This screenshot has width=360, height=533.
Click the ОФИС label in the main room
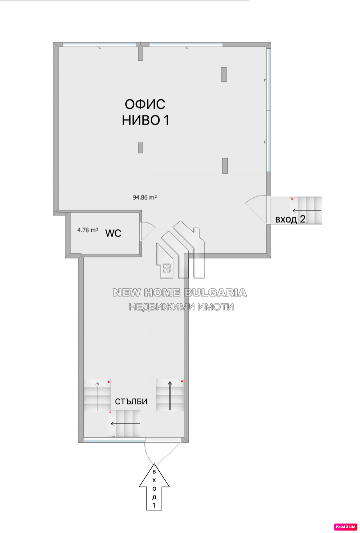[x=145, y=104]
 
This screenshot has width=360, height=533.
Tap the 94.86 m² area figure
[x=145, y=197]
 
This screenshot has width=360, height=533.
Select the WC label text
[x=113, y=234]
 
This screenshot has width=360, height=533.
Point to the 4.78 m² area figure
[x=88, y=230]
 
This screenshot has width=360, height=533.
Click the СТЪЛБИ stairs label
[x=131, y=402]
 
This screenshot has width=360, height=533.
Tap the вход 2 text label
[x=290, y=219]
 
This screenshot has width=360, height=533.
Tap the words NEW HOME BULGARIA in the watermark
[x=180, y=293]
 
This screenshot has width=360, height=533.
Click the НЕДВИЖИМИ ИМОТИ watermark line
[x=181, y=307]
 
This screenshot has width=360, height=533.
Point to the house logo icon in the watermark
[x=180, y=250]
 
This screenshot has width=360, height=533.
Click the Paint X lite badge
[x=345, y=527]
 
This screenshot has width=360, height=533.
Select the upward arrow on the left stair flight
[x=97, y=396]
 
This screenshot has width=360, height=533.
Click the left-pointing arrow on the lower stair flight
[x=125, y=423]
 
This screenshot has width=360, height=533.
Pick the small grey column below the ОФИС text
[x=140, y=148]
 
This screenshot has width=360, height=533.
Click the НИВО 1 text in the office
[x=145, y=120]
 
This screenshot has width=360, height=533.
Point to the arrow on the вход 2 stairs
[x=307, y=211]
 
